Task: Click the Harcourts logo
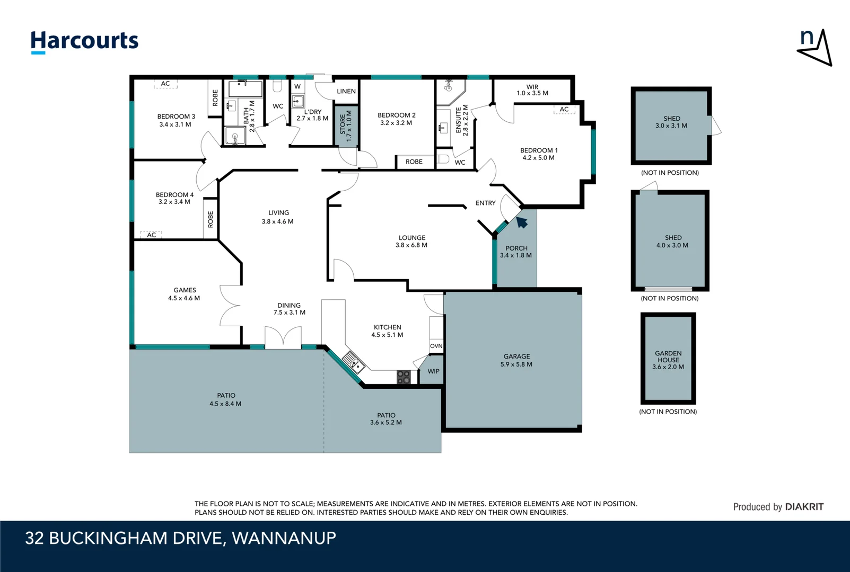point(84,42)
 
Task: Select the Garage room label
point(516,356)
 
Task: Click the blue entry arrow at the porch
point(522,222)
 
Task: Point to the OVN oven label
point(436,346)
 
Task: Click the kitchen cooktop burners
point(404,377)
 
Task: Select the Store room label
point(343,124)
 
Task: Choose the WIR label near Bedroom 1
point(532,87)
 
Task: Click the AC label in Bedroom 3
point(165,83)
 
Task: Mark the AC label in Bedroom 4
point(152,235)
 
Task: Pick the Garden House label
point(668,356)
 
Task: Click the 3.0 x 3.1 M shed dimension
point(671,126)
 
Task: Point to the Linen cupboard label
point(346,91)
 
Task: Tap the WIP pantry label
point(433,371)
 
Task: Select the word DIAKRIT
point(804,507)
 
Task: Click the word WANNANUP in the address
point(284,538)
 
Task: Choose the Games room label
point(185,290)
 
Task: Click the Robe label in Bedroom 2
point(414,162)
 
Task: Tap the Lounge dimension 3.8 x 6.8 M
point(411,245)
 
